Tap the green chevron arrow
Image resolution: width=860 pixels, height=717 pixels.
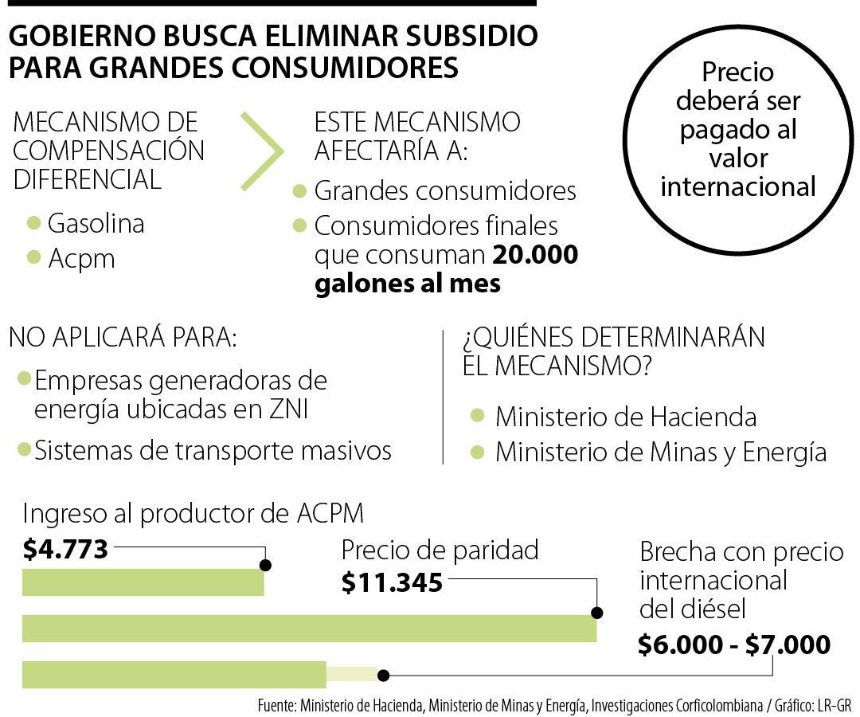263,151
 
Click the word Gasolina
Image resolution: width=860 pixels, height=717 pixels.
96,224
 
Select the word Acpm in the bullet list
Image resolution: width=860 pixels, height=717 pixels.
81,259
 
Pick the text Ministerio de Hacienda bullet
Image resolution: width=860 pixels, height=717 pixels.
625,416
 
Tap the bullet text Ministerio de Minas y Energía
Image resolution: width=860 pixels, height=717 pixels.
660,452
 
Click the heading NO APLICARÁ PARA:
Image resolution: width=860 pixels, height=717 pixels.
123,337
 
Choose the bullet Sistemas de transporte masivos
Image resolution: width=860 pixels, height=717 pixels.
213,451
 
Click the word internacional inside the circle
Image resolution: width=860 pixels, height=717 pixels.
738,186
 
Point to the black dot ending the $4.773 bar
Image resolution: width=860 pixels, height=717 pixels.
265,565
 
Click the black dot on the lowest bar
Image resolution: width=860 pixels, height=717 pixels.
383,676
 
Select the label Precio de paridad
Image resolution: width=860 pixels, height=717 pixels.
440,550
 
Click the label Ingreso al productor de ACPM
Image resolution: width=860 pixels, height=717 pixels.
193,513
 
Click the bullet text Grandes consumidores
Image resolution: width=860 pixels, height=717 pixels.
445,191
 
